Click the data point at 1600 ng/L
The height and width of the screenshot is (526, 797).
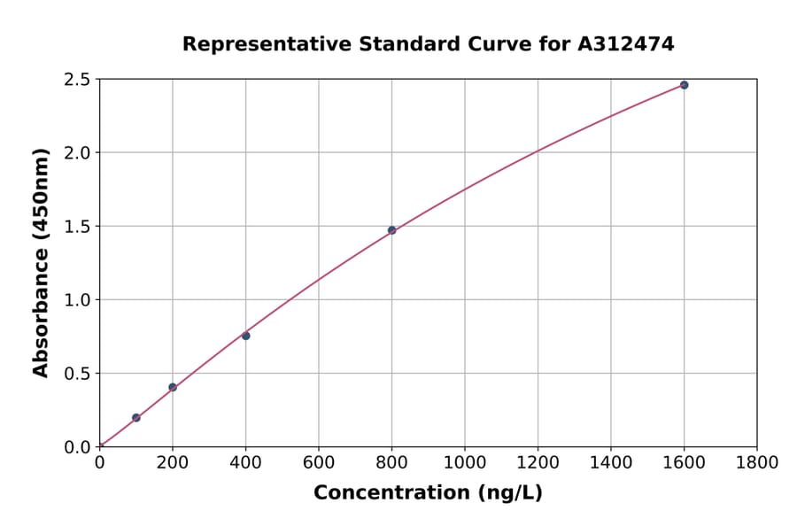pos(684,85)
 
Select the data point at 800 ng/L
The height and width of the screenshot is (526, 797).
pos(391,230)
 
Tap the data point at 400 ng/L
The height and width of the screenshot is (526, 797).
pos(245,336)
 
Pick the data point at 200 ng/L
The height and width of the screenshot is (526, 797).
pos(173,387)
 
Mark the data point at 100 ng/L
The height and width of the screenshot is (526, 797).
pos(136,417)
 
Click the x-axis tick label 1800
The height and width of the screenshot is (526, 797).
pos(756,462)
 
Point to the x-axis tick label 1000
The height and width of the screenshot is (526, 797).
pos(464,462)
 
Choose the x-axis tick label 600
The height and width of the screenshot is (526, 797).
pos(319,462)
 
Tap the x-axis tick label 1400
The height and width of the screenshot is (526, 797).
pos(610,462)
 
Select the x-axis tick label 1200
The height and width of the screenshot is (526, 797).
pos(538,462)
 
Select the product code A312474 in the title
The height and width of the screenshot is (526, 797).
pos(626,43)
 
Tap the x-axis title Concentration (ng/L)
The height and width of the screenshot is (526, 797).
pos(428,492)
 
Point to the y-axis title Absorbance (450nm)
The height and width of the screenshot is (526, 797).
pos(41,262)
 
